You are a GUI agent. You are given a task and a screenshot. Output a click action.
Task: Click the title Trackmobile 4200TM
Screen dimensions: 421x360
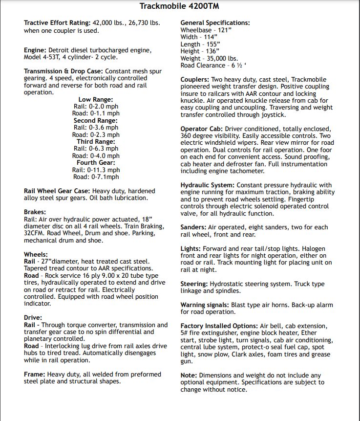[179, 6]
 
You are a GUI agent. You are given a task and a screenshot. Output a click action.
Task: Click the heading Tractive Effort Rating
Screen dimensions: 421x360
[57, 23]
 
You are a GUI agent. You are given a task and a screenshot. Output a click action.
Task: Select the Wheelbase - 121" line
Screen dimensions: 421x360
[205, 30]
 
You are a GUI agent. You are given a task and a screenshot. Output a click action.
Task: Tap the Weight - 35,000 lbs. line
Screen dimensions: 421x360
[209, 58]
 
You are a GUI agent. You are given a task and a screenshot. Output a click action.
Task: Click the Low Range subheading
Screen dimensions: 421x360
[95, 100]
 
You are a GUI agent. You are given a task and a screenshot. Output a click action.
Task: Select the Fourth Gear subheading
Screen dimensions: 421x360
[95, 163]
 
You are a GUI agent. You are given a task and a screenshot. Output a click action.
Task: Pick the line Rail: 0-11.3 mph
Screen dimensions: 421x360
[95, 170]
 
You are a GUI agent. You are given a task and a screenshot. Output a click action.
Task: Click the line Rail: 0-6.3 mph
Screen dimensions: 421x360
[95, 149]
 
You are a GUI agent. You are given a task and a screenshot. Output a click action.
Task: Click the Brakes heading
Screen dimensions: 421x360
[35, 212]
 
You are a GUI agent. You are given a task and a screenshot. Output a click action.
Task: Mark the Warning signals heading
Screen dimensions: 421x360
[205, 305]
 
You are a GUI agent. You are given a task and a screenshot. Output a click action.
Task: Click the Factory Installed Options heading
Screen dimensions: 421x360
[219, 326]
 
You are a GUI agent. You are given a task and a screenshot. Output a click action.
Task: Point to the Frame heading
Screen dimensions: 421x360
[34, 374]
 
